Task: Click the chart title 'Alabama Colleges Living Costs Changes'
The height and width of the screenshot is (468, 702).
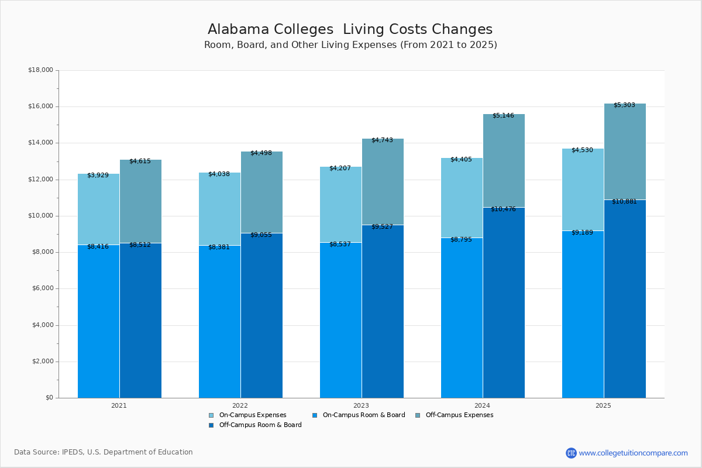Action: point(350,30)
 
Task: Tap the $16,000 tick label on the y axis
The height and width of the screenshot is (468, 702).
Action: point(40,106)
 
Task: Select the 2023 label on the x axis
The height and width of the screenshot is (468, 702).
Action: point(361,405)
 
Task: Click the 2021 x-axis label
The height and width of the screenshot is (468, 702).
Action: point(119,405)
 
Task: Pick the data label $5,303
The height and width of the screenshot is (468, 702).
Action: point(624,105)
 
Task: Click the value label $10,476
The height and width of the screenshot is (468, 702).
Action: point(503,209)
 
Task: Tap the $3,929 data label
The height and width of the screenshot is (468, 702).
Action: point(98,175)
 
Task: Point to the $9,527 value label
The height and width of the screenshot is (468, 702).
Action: point(382,227)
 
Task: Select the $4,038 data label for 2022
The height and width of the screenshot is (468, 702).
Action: point(219,174)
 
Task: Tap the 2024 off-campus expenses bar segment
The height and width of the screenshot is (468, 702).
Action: point(504,161)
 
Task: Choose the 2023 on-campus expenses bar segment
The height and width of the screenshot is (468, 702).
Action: point(340,205)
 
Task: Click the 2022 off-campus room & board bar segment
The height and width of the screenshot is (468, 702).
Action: point(261,315)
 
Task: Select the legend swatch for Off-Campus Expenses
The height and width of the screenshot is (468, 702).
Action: point(418,415)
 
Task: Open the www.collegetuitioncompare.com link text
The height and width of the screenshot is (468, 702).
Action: point(633,453)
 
